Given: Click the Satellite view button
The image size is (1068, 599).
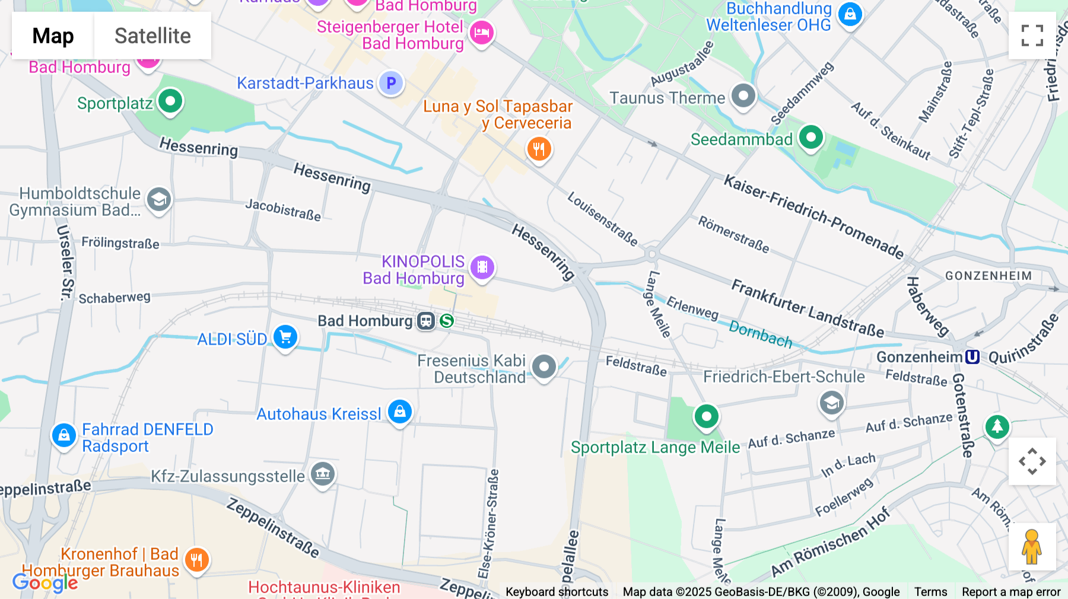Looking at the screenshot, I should tap(152, 36).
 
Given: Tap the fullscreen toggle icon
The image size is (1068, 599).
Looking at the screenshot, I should tap(1032, 36).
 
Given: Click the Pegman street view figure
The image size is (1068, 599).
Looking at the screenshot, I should tap(1032, 547).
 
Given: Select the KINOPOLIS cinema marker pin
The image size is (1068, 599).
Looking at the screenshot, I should tap(482, 267).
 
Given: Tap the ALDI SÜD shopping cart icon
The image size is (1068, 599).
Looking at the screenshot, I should tap(285, 337).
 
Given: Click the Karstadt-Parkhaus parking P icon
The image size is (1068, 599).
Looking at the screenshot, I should tap(391, 83).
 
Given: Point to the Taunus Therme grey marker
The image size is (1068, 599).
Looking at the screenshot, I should tap(743, 95).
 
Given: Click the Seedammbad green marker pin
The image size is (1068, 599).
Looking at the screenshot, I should tap(811, 137).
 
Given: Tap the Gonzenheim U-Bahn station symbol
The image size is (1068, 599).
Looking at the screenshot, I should tap(972, 356).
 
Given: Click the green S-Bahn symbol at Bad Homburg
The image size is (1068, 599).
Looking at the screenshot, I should tap(447, 321).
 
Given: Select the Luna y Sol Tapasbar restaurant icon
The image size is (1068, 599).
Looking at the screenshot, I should tap(539, 148).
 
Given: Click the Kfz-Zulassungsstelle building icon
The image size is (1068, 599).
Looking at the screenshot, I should tap(323, 473).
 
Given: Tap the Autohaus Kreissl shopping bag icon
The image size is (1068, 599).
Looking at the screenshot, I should tap(400, 411).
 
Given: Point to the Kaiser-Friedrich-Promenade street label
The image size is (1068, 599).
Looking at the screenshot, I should tap(813, 217).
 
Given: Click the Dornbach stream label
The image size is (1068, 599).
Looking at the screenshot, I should tap(760, 334).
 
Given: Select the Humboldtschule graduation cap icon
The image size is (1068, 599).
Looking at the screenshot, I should tap(159, 200).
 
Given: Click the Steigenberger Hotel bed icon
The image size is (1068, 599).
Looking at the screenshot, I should tap(481, 32).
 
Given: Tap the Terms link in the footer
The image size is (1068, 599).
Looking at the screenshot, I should tap(930, 591).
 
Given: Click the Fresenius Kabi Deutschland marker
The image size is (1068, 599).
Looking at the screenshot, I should tap(543, 367).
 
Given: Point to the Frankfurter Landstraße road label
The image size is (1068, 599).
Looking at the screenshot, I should tap(807, 308).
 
